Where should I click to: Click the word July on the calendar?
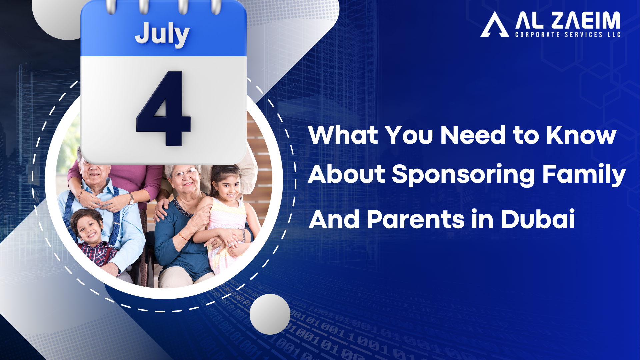pos(162,34)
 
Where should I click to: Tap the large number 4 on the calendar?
pos(163,109)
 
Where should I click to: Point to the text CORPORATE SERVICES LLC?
pos(568,35)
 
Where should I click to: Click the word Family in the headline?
pos(584,174)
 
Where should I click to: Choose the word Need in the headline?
pos(473,135)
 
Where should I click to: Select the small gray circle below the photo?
pos(270,314)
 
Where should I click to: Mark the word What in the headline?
pos(343,135)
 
